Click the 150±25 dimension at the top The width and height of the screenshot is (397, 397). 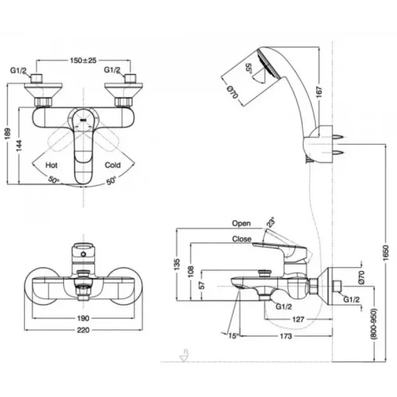(x=83, y=61)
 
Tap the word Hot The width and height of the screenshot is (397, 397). (x=51, y=165)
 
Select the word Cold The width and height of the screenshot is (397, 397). (x=113, y=165)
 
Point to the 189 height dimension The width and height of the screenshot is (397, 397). (x=8, y=134)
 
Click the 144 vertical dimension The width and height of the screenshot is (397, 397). (x=19, y=146)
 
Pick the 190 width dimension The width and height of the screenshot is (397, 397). (x=83, y=318)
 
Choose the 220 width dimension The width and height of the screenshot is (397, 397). (x=83, y=330)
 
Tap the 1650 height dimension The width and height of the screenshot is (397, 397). (x=386, y=253)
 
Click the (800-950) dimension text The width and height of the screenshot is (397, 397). (x=374, y=324)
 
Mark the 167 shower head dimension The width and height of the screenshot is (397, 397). (x=319, y=92)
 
